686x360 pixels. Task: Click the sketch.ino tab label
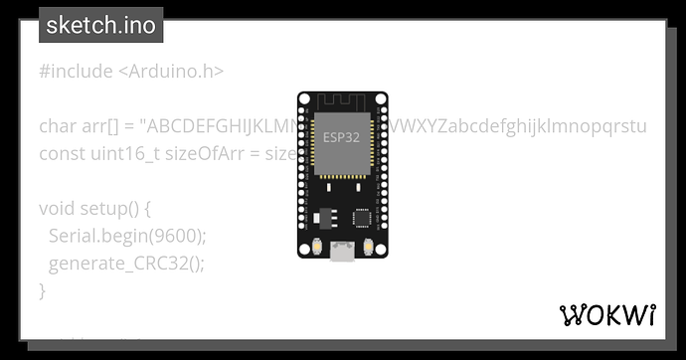[100, 26]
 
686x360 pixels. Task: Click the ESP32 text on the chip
[342, 137]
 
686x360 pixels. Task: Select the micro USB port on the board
[342, 252]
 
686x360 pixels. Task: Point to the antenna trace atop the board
[342, 102]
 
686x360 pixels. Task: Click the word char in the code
[57, 126]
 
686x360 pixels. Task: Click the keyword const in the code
[62, 154]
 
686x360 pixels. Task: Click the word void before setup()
[57, 209]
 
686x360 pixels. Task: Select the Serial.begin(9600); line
[126, 236]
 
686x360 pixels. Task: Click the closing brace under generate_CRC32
[43, 290]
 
